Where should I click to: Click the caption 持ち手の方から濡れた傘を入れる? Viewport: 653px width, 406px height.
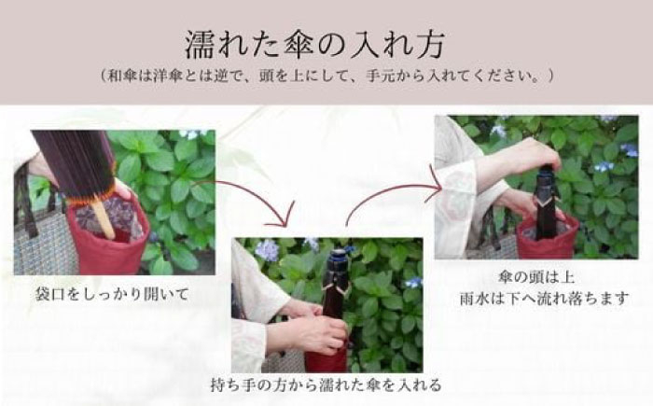coord(326,384)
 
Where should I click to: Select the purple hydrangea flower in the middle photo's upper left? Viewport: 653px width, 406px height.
coord(265,250)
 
